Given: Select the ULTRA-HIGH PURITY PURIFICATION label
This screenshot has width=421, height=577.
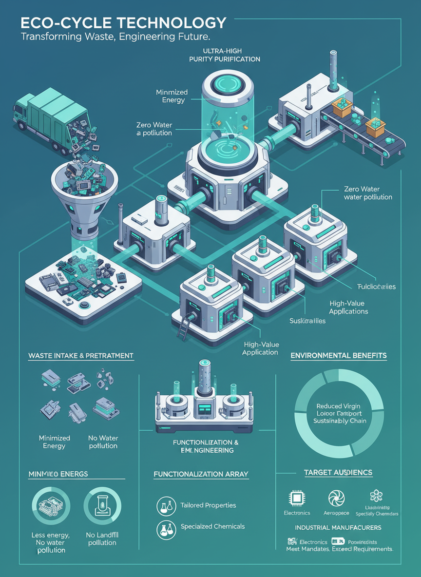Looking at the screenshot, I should pos(224,55).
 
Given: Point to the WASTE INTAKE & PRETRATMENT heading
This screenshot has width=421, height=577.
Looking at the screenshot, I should pos(81,356).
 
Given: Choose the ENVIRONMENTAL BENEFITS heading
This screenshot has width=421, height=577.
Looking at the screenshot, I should pos(339,356).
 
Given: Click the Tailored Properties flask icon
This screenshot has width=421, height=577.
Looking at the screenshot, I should pos(166,506).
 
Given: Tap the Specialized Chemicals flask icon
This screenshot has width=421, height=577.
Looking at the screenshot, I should pos(166,528).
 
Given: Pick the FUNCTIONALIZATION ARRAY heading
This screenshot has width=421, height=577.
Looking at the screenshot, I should pos(201,474).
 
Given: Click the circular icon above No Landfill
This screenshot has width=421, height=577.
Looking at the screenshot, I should pos(102,506).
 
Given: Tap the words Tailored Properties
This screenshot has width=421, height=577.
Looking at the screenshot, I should pos(208,505).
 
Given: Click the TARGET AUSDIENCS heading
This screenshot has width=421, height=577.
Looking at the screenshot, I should pos(338,472).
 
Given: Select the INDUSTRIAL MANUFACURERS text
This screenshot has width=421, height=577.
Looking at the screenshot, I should pos(338,528).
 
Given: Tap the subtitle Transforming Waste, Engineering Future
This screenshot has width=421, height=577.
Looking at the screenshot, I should pos(115,37).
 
